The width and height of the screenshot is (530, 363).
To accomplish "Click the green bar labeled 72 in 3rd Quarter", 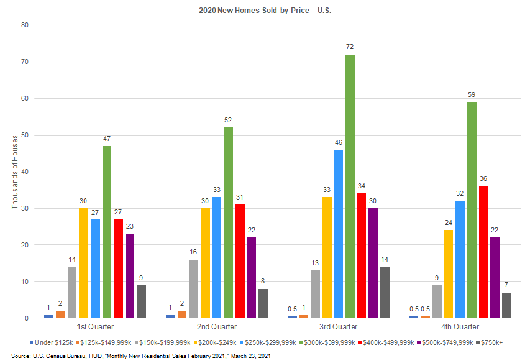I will (350, 186).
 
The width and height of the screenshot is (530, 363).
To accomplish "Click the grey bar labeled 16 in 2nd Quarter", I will (193, 289).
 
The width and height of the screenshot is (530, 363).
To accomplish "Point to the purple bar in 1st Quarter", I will (130, 276).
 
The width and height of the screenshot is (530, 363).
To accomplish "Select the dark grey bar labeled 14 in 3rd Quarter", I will (385, 293).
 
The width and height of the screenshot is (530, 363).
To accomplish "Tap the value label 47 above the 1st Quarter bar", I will (107, 139).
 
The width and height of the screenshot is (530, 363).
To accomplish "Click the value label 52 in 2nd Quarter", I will (229, 120).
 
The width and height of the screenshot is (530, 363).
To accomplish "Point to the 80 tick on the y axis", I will (25, 25).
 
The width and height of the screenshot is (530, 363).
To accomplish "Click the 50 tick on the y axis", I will (25, 135).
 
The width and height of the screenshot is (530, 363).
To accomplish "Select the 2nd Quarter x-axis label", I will (216, 326).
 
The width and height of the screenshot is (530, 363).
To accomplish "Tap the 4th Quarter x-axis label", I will (460, 326).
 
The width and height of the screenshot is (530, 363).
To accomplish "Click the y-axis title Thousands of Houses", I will (16, 172).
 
